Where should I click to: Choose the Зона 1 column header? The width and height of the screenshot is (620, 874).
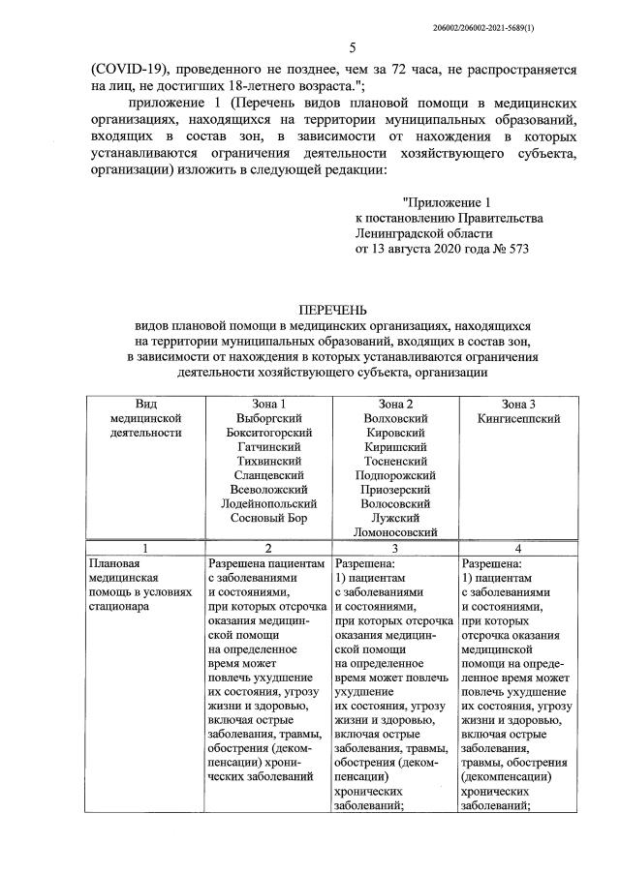point(268,403)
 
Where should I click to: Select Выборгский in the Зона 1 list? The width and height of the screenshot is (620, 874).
point(268,418)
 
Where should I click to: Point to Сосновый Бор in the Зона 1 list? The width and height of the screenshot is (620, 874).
point(268,518)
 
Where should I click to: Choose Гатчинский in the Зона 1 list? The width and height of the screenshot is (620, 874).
point(268,446)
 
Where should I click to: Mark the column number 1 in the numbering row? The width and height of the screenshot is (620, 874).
point(144,547)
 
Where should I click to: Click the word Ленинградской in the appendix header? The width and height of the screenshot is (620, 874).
point(401,233)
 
